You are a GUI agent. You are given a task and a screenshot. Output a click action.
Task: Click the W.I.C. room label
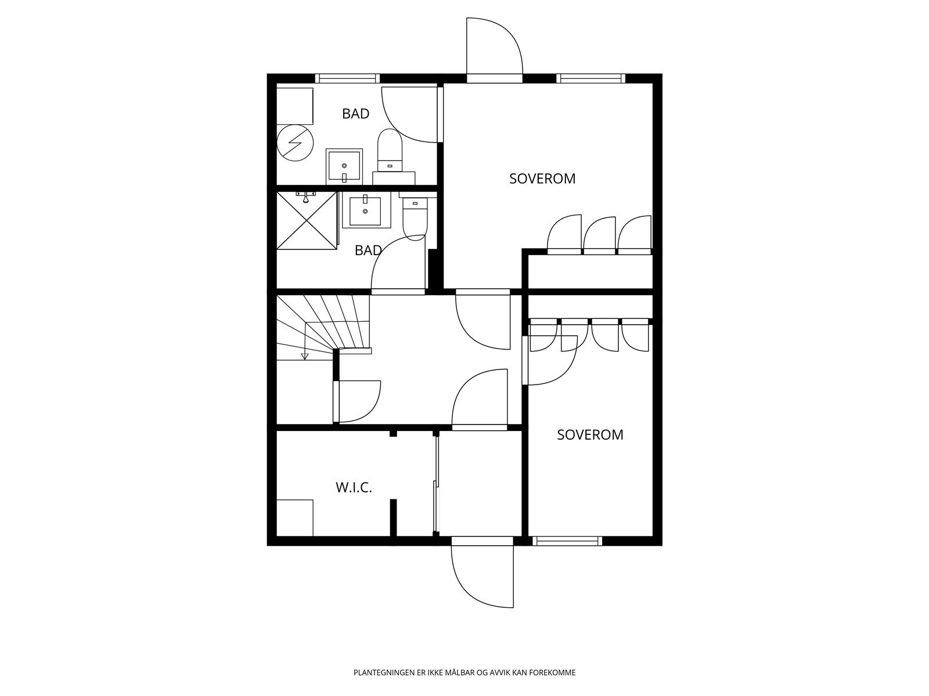354,488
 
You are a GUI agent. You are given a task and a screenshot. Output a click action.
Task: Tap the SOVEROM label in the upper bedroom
542,179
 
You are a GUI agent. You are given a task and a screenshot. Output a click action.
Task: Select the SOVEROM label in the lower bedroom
590,434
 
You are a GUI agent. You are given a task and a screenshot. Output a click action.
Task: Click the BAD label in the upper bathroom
355,114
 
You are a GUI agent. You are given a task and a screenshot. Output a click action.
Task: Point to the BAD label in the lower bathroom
368,251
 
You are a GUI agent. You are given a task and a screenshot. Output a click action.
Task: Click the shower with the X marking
307,220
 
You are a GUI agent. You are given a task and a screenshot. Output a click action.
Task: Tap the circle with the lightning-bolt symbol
295,143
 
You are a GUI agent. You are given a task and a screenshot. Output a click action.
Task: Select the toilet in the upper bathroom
390,149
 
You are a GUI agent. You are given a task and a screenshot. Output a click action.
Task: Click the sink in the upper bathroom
344,166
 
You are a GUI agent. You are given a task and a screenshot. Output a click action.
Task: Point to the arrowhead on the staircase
304,356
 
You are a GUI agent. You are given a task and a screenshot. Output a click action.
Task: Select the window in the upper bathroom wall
347,78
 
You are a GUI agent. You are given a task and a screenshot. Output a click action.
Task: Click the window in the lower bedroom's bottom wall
567,541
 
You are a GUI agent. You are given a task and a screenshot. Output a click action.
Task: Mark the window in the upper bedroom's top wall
590,78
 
